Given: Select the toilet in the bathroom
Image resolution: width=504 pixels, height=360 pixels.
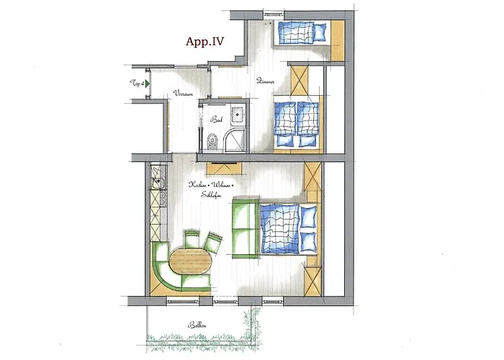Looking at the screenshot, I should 210,141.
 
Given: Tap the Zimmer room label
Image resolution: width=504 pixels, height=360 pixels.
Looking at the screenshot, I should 264,81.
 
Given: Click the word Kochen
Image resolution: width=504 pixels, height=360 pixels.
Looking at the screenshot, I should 198,184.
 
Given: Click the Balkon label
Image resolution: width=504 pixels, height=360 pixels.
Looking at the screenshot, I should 194,325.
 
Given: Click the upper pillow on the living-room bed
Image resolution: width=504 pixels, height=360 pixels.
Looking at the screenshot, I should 309,215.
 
